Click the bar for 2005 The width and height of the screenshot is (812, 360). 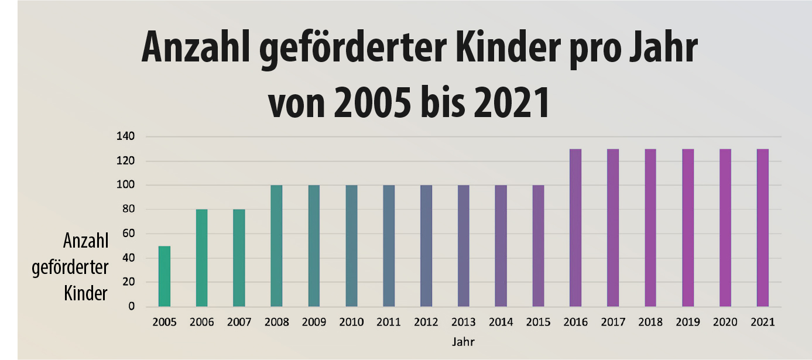[165, 276]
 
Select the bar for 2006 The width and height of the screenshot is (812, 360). [201, 258]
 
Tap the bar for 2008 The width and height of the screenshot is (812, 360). [276, 246]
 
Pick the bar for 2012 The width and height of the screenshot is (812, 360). [426, 246]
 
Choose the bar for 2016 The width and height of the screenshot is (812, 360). [575, 228]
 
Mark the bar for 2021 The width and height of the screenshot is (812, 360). [762, 228]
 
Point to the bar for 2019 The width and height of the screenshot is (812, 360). [688, 228]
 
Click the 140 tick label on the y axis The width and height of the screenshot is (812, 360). [126, 136]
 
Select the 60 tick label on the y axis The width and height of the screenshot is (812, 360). [128, 234]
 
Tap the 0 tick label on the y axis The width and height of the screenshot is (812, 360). [132, 306]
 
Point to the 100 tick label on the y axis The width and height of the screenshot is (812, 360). [126, 185]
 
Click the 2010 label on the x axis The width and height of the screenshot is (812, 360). [351, 323]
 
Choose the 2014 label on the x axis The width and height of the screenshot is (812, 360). [501, 323]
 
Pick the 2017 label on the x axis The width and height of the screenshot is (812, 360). [613, 323]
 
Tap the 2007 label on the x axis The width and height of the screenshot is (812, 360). [239, 323]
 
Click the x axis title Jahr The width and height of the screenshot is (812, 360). [463, 341]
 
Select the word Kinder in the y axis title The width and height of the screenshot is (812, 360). [85, 293]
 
